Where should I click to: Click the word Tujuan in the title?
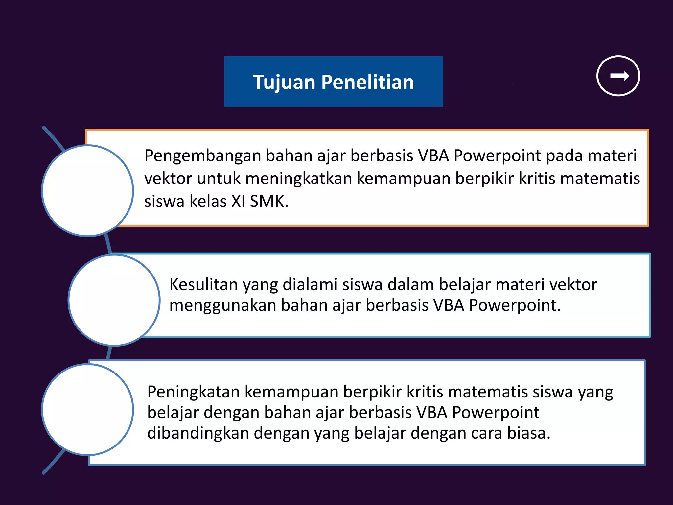[x=285, y=82]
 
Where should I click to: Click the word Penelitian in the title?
[x=367, y=82]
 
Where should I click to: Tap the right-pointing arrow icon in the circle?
[x=618, y=76]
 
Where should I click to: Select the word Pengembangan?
[x=202, y=156]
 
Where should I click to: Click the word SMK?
[x=269, y=201]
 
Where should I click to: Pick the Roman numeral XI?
[x=238, y=201]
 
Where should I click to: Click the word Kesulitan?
[x=203, y=284]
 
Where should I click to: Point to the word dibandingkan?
[x=198, y=433]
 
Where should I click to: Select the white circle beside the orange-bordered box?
[x=87, y=191]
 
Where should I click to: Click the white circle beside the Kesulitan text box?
[x=114, y=300]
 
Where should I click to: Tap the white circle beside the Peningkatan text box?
[x=87, y=410]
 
